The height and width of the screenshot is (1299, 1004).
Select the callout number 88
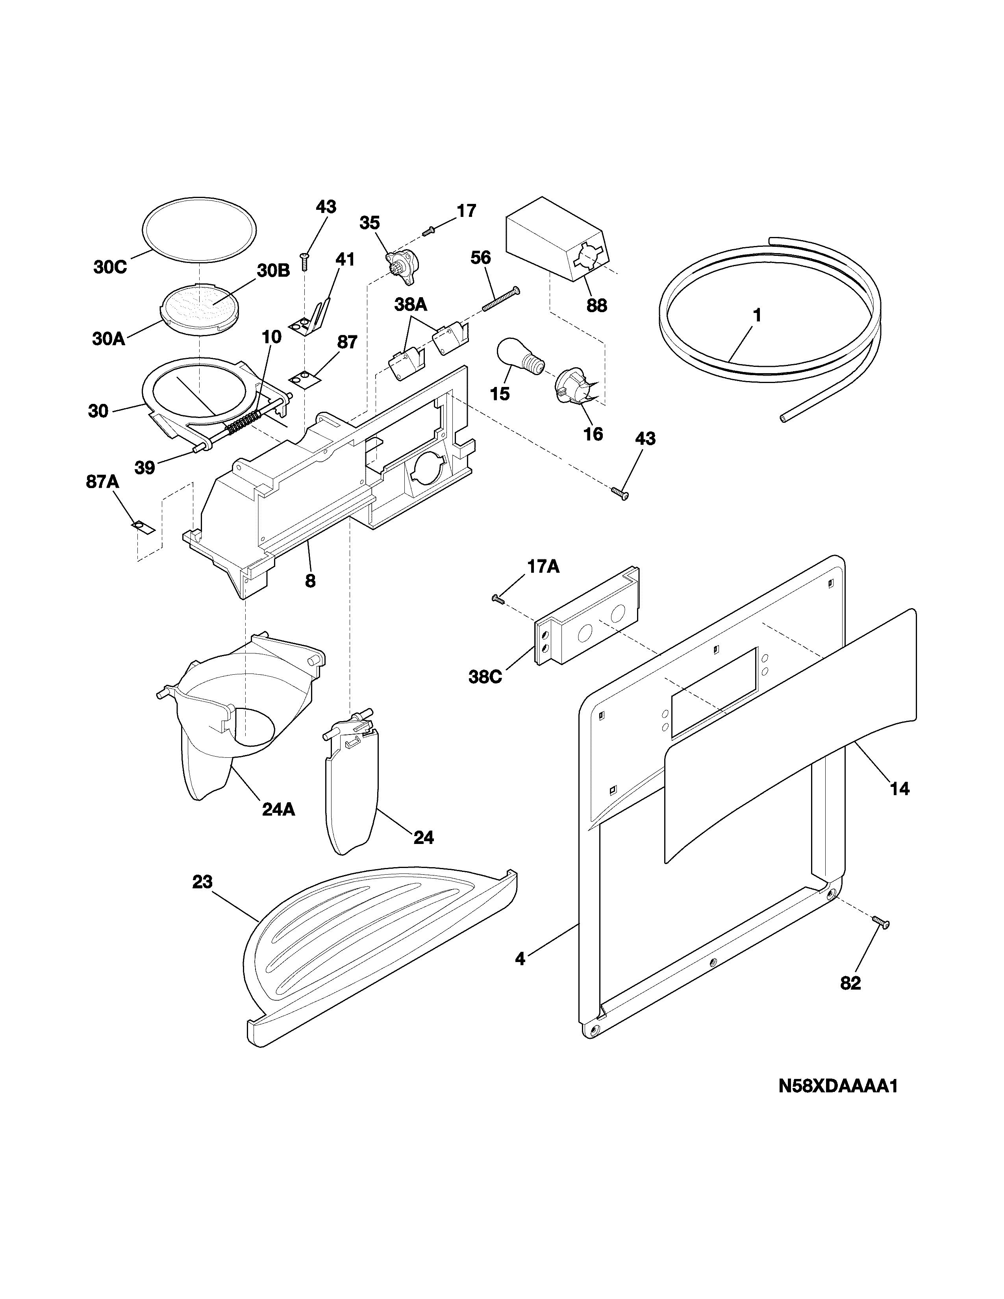596,306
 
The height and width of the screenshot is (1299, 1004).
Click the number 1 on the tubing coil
757,316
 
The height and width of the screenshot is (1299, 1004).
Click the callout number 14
899,789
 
